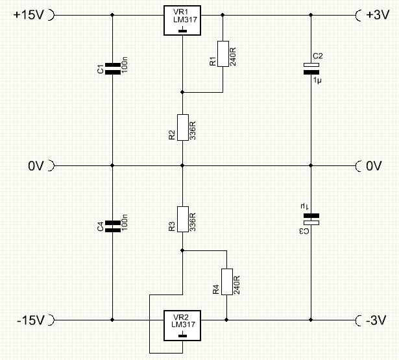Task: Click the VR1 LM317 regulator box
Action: [182, 20]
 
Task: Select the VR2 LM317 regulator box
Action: [182, 326]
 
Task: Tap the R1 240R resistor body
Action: [223, 54]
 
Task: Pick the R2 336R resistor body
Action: [183, 127]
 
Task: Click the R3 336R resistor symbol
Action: [183, 219]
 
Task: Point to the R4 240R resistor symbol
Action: [226, 282]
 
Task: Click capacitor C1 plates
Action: [113, 69]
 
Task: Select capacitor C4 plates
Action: [113, 226]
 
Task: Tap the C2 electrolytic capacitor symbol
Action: [311, 69]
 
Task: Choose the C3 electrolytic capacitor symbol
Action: [311, 219]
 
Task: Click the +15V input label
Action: [29, 15]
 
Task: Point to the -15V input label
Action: [30, 320]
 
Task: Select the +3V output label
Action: [378, 15]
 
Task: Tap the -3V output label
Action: [376, 320]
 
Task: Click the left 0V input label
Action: [36, 166]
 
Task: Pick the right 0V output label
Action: [374, 166]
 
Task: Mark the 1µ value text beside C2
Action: [317, 80]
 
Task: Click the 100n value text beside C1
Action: [125, 65]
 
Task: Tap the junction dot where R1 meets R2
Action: [182, 92]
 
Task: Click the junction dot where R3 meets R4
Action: [182, 250]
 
